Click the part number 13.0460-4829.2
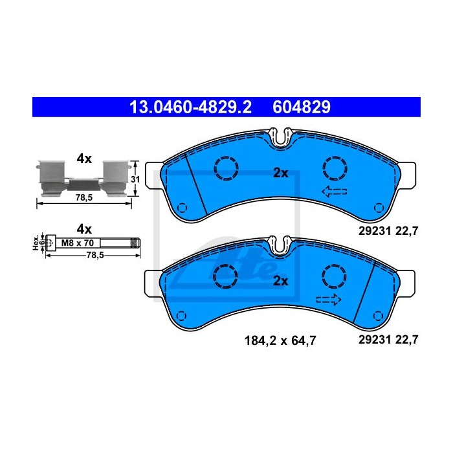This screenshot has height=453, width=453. click(191, 107)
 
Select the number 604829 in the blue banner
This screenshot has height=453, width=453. click(302, 107)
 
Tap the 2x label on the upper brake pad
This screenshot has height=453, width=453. click(281, 173)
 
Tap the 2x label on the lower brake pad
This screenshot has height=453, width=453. click(281, 281)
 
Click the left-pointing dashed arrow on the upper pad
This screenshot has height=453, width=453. click(335, 192)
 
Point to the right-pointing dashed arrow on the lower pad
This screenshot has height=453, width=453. click(329, 300)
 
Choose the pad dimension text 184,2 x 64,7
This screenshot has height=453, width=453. click(280, 340)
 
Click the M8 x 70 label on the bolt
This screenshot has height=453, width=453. click(78, 243)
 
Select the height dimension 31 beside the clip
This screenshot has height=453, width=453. click(135, 179)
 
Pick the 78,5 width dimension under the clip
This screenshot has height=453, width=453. click(84, 197)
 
